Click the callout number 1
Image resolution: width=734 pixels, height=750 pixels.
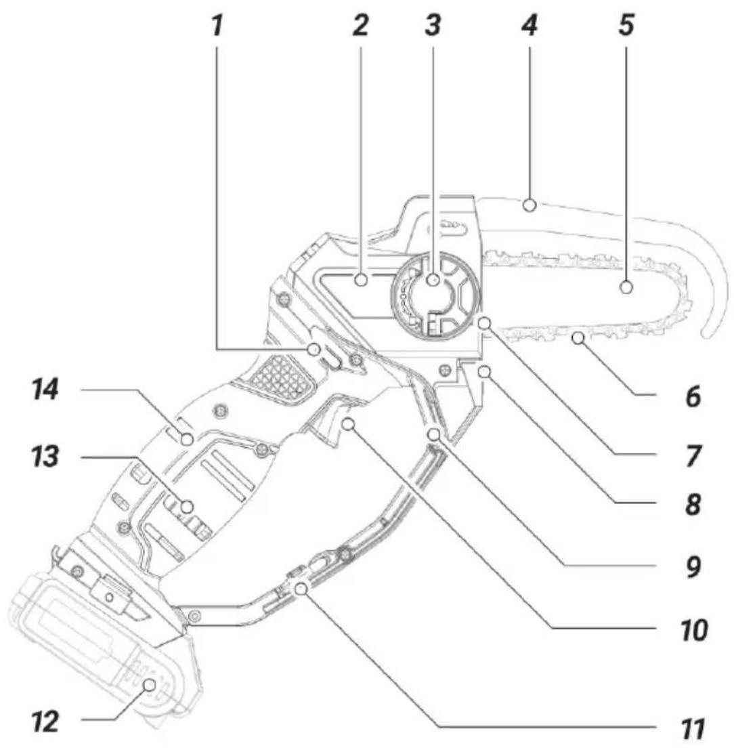[x=217, y=25]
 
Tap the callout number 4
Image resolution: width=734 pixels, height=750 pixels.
[x=530, y=25]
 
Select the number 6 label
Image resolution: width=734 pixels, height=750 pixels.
[x=693, y=396]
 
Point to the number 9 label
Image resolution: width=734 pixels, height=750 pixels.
[x=693, y=566]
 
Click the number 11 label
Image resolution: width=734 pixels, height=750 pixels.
[x=693, y=729]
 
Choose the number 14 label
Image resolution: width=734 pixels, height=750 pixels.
[x=45, y=390]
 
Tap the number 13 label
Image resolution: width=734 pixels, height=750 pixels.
[x=45, y=457]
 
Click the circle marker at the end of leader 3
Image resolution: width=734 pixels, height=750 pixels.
[x=433, y=280]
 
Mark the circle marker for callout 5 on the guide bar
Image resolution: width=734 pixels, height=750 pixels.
[x=626, y=287]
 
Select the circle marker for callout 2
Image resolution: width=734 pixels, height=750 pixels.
[x=362, y=280]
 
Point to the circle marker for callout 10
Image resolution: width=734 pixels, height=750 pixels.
[x=349, y=423]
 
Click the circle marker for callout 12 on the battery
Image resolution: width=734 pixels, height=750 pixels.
[x=150, y=685]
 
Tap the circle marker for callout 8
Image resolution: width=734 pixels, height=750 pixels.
[x=485, y=371]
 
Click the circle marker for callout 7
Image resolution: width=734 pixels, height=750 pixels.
[x=485, y=324]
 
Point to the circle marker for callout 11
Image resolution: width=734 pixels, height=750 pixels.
[x=301, y=589]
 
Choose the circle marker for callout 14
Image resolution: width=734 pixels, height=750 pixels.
[x=187, y=438]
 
